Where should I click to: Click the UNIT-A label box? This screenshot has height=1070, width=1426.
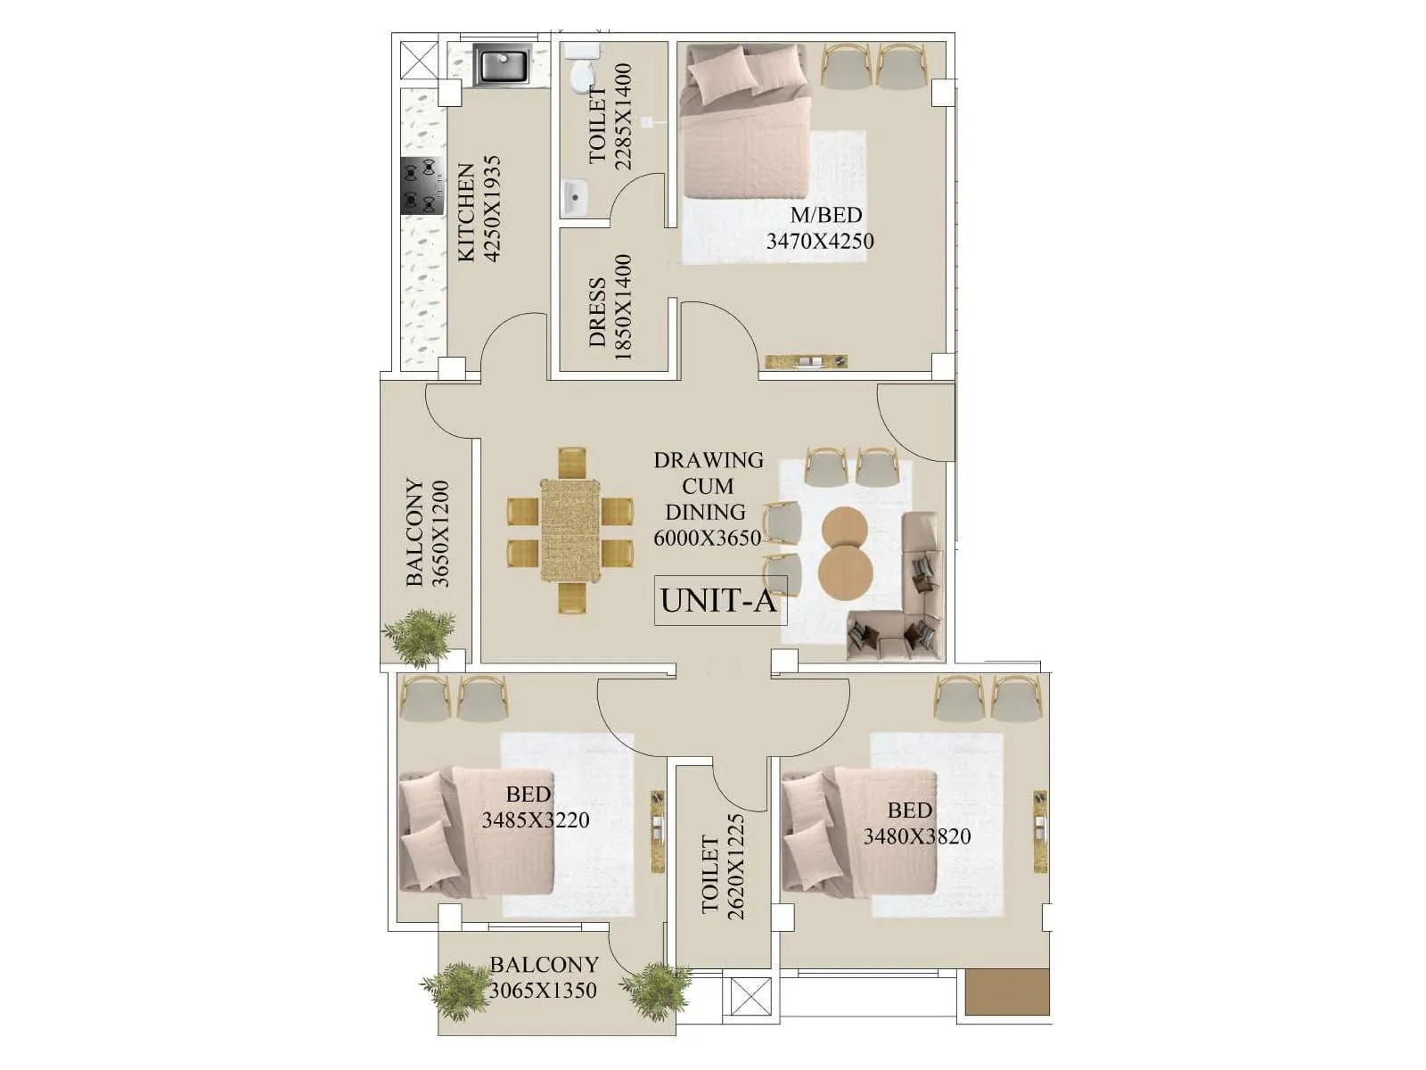coord(720,600)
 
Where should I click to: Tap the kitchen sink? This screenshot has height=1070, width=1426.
coord(503,67)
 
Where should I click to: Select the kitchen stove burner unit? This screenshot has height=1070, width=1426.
coord(422,185)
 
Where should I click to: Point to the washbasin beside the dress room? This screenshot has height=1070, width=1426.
coord(575,194)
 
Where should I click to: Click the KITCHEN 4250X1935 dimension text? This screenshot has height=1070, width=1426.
coord(479,210)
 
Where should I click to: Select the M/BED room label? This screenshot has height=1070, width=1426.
coord(826,215)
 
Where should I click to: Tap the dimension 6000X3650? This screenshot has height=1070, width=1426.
coord(708,538)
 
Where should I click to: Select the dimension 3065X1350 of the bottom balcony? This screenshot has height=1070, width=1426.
coord(544,990)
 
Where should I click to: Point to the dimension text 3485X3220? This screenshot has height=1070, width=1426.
coord(536,819)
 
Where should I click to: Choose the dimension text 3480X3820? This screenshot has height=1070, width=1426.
coord(916,836)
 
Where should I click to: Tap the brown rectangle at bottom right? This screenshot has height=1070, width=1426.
coord(1008,992)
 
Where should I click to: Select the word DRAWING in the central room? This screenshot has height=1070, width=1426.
coord(709,460)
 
